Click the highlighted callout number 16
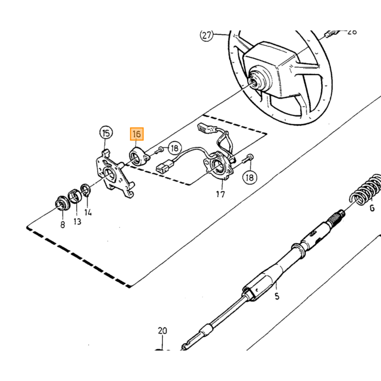point(137,134)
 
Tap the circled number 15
point(106,133)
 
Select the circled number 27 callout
point(206,35)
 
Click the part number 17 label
point(220,194)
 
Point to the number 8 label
point(63,224)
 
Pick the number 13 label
point(77,222)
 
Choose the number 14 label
point(88,212)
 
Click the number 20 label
point(163,330)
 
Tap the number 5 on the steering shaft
point(276,296)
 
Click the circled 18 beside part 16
point(175,148)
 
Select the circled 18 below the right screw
point(249,177)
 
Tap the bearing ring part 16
point(139,157)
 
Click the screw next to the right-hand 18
point(247,158)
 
